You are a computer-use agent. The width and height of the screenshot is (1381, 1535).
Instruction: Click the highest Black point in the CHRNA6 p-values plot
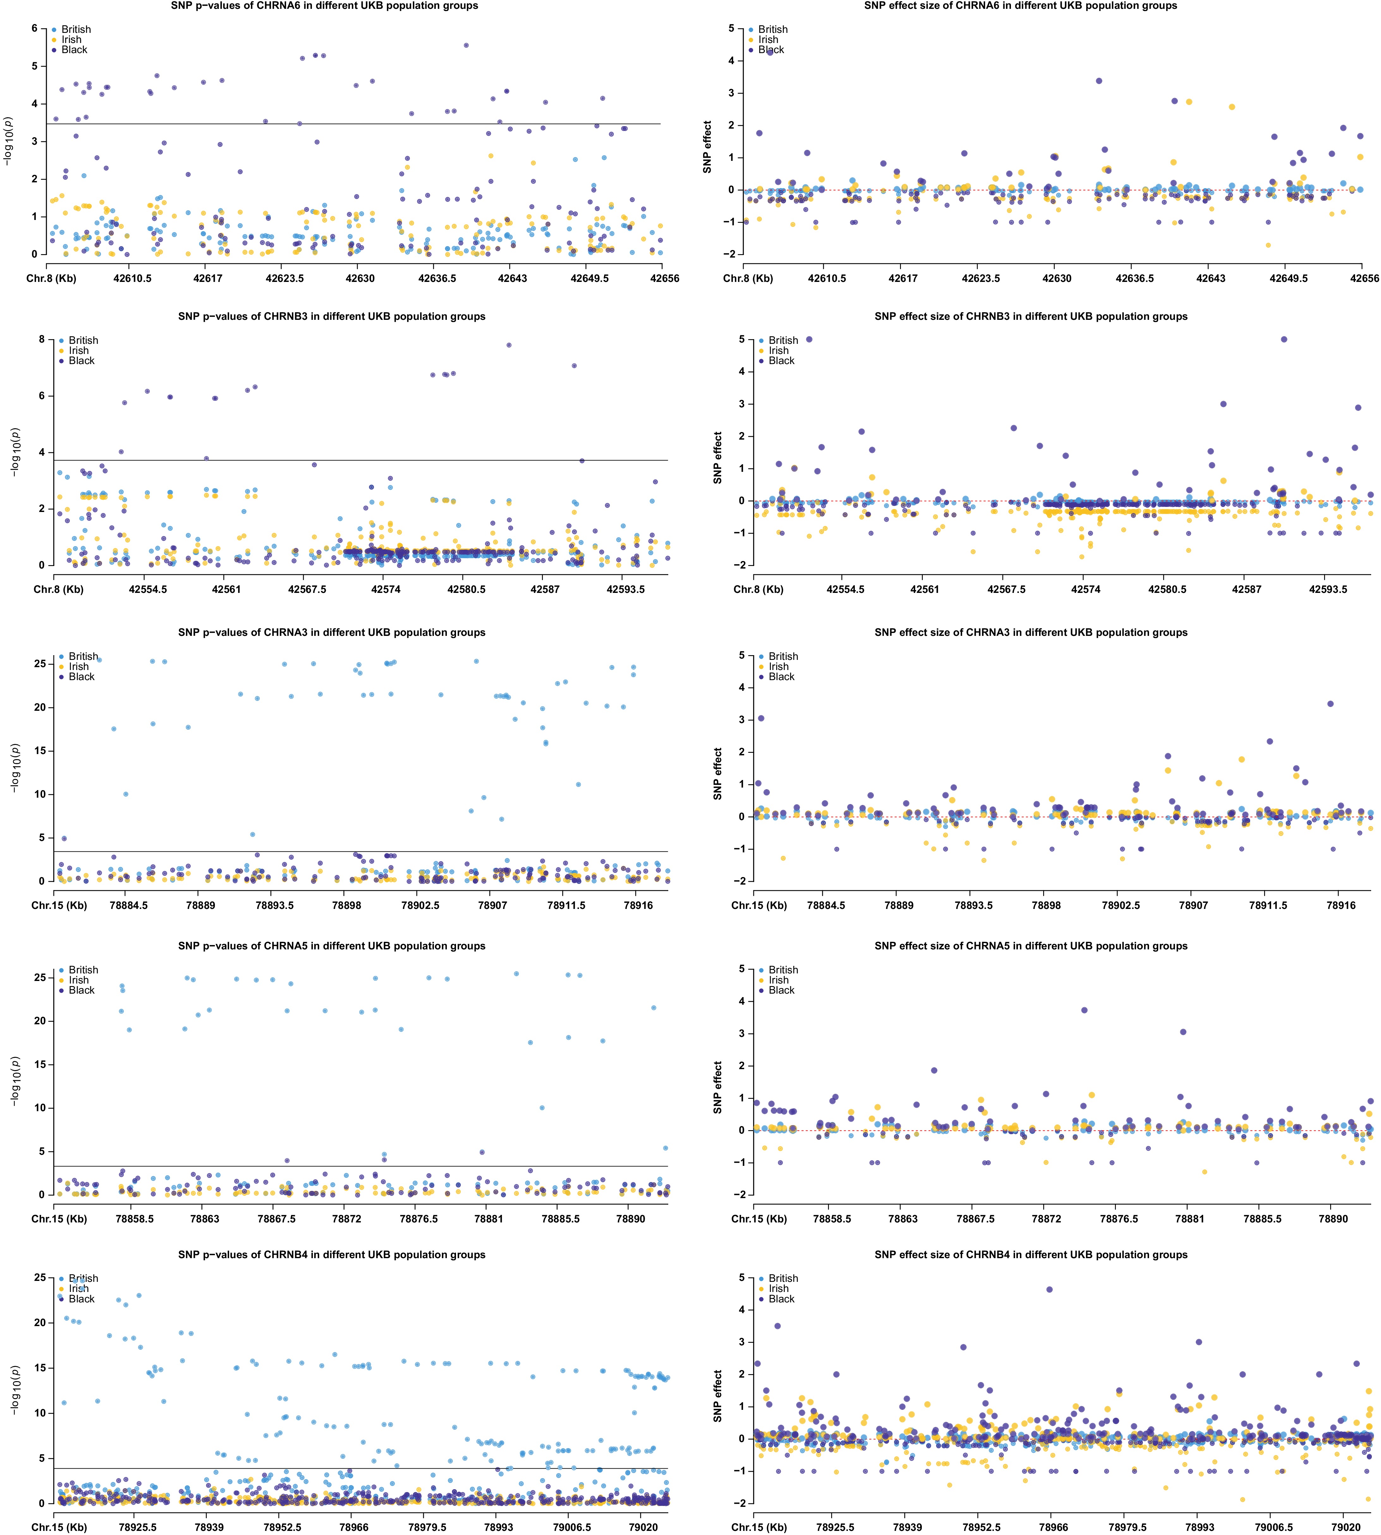[466, 46]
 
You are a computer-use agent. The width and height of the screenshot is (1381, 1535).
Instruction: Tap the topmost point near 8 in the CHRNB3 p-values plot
[508, 345]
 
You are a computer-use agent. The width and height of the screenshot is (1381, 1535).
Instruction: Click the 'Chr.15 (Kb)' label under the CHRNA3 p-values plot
[59, 905]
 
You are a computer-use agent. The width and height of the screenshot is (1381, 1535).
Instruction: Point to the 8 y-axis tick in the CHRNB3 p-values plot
[42, 339]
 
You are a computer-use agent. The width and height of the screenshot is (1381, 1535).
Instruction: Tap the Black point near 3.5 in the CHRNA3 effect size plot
[1330, 704]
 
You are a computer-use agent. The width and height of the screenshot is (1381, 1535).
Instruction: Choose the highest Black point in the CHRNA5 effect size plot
[1084, 1010]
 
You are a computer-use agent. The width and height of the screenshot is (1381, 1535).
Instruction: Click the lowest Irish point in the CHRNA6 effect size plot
[1267, 245]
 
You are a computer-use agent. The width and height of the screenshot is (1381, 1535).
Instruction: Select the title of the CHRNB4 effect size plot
[1031, 1254]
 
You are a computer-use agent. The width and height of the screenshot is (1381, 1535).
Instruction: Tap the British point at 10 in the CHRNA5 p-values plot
[542, 1108]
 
